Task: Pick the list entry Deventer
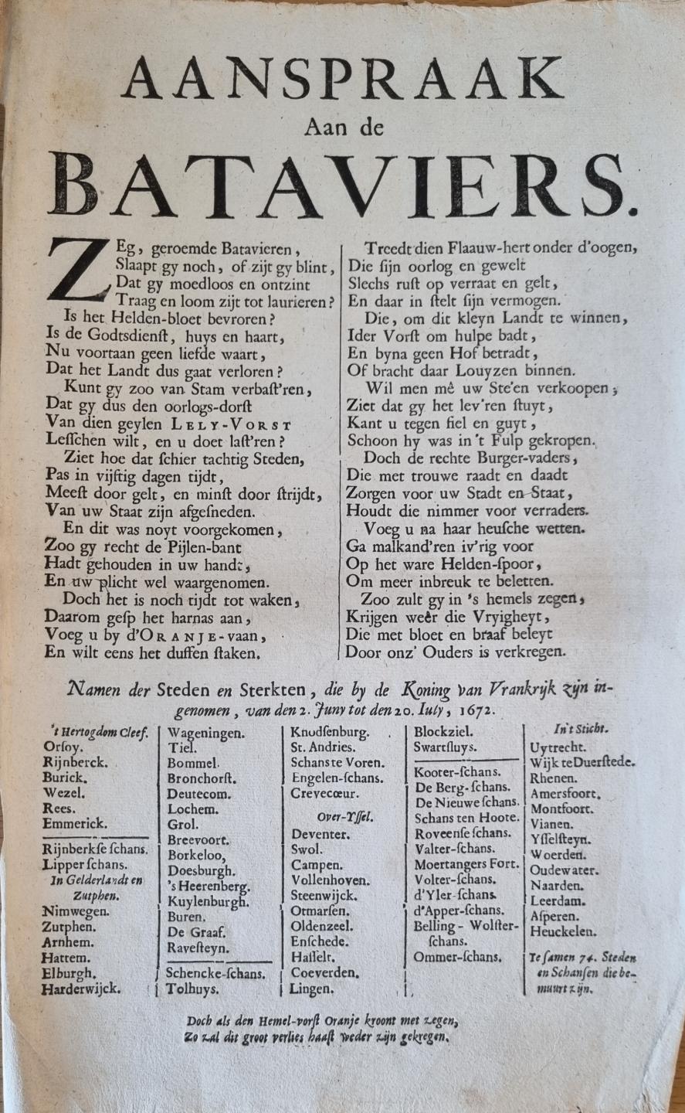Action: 320,835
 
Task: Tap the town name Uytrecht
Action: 558,747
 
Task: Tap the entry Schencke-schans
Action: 216,974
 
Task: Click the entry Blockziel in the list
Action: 444,732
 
